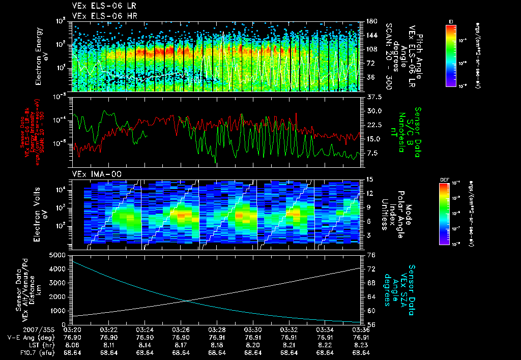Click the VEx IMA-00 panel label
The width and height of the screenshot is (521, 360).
pos(93,174)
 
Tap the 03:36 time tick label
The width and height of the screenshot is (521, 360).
pos(360,329)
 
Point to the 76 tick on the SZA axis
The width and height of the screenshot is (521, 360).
pos(371,255)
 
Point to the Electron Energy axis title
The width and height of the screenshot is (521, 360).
pos(42,56)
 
